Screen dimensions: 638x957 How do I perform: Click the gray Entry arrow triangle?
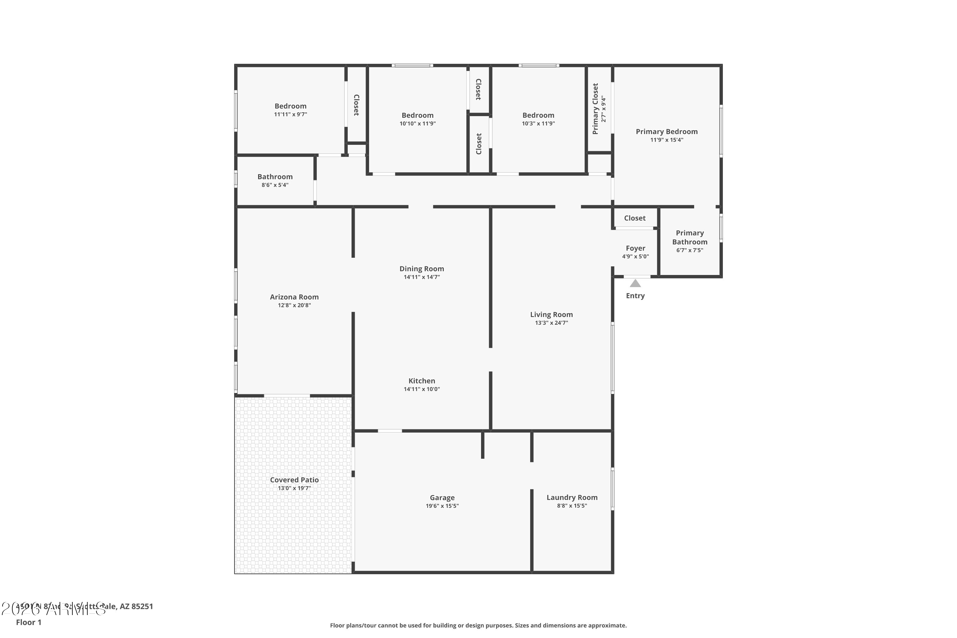[635, 284]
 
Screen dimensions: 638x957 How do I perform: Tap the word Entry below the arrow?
[635, 296]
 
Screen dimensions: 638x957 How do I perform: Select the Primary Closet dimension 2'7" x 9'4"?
[604, 109]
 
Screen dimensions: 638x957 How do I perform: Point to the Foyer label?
[635, 248]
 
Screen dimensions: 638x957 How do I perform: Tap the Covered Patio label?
[294, 480]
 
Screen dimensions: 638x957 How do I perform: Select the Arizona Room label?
[294, 297]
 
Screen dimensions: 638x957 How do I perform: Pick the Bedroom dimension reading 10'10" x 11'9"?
[418, 124]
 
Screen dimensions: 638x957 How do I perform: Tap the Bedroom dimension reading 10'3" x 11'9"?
[538, 124]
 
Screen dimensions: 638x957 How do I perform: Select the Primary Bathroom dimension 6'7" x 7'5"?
[690, 250]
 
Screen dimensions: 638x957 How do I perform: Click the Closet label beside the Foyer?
[635, 218]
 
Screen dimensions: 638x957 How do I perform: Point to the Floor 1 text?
[28, 622]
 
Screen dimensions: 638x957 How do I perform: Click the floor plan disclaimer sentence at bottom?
[478, 625]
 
